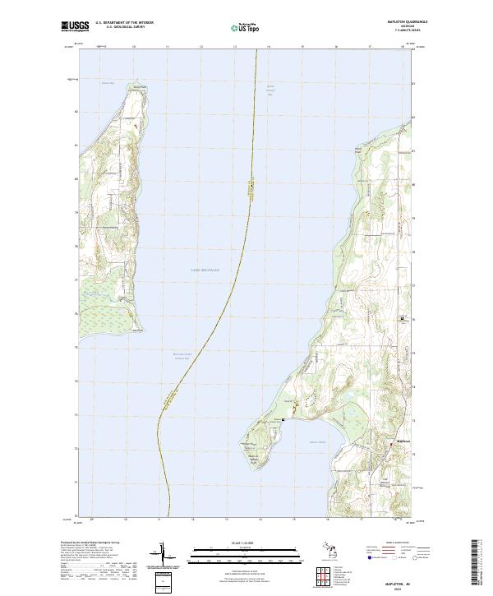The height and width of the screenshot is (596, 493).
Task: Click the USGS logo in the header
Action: tap(75, 26)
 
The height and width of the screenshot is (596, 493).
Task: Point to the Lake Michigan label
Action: tap(205, 270)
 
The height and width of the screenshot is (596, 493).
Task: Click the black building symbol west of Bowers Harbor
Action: tap(283, 419)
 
